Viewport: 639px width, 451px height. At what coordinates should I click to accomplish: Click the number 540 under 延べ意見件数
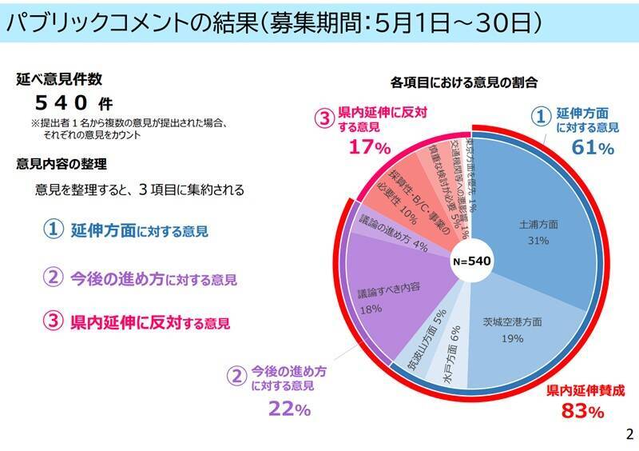click(64, 102)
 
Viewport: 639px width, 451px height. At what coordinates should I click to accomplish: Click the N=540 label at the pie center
click(471, 261)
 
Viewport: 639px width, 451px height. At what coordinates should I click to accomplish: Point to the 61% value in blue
click(591, 148)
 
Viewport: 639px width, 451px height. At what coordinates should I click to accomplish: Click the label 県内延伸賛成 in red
click(585, 391)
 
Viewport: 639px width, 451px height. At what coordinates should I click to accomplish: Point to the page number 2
click(628, 435)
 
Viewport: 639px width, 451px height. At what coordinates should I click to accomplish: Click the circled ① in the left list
click(53, 230)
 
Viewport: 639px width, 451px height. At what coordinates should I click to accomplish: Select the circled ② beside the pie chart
click(236, 376)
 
